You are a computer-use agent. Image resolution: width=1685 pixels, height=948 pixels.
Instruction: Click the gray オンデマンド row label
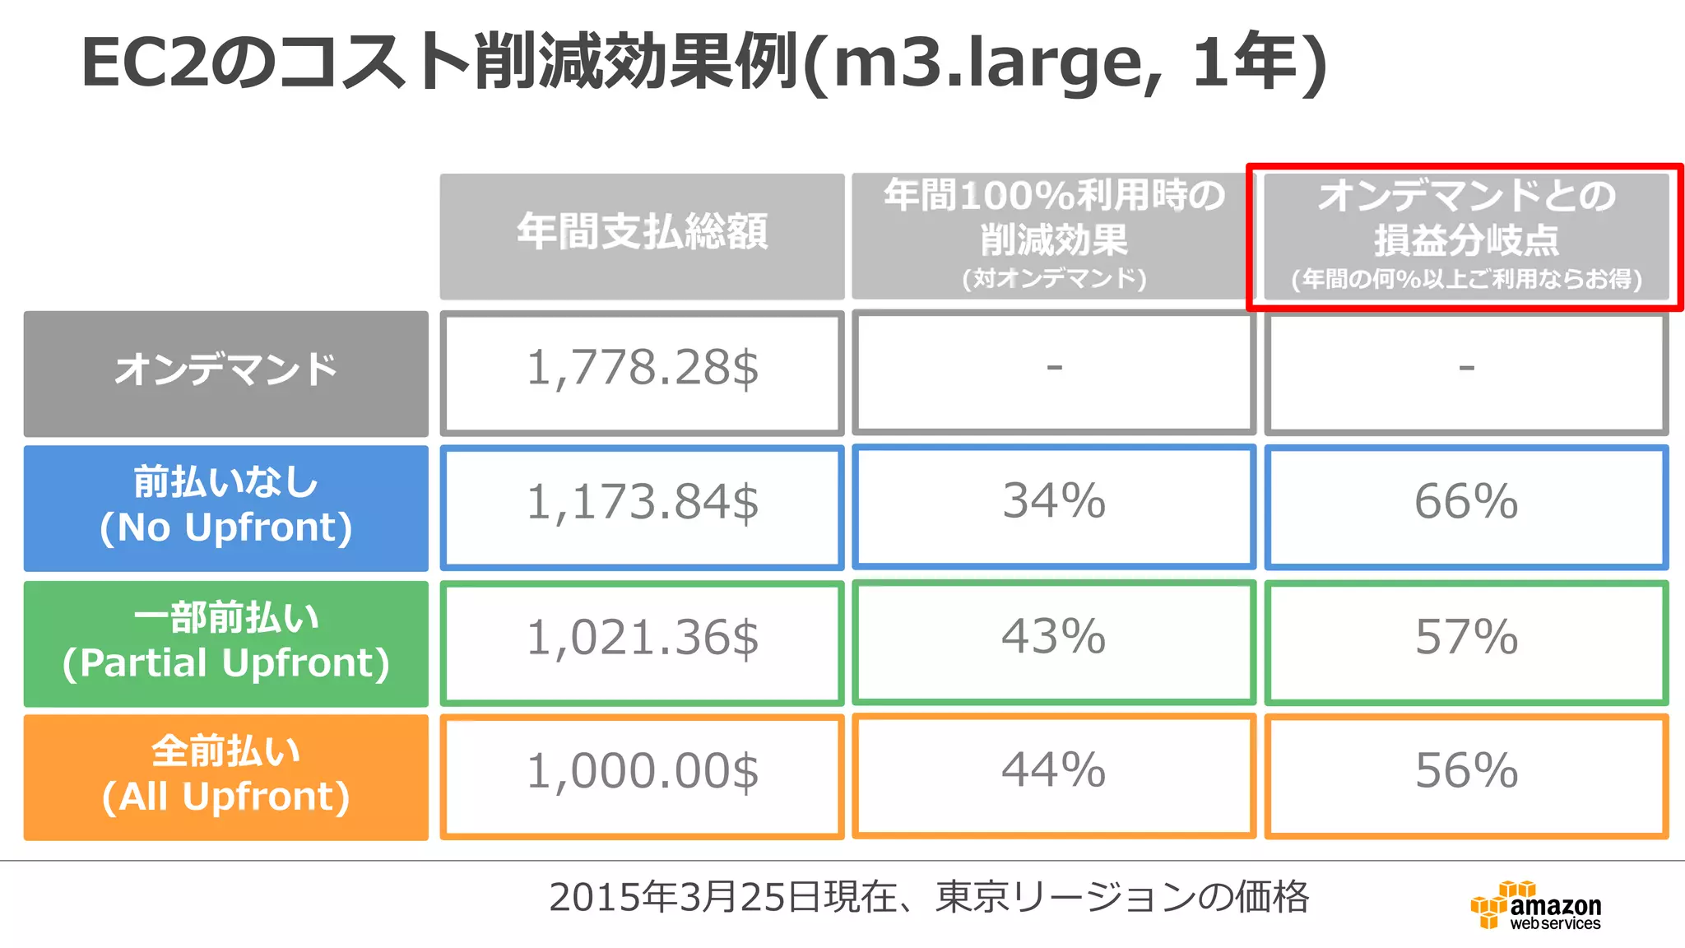(x=226, y=373)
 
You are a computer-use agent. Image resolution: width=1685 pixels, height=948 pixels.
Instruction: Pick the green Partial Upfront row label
(x=226, y=643)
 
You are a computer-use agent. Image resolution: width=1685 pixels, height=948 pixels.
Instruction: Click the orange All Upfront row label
(x=226, y=776)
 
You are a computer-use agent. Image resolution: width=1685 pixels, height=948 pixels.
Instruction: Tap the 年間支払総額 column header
(x=642, y=235)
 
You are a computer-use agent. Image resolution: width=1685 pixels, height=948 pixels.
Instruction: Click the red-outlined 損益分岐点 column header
(x=1465, y=237)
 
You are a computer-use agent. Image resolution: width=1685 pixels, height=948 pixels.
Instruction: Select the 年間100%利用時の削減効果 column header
(x=1054, y=235)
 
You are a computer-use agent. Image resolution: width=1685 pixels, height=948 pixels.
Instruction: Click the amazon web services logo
(x=1536, y=906)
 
